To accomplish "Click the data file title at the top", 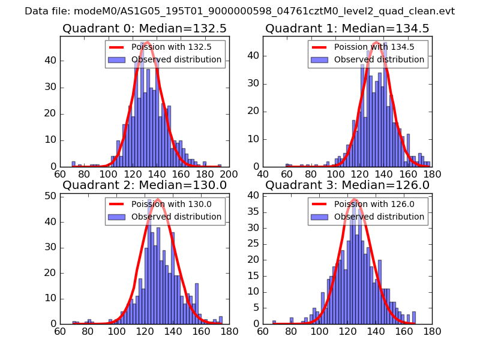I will coord(240,11).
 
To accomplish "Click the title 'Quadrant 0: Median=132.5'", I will coord(144,28).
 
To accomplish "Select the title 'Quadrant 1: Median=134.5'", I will coord(347,28).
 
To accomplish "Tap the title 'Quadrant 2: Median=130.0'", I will coord(144,185).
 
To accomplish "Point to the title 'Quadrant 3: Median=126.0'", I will coord(347,185).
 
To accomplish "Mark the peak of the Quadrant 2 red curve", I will coord(157,199).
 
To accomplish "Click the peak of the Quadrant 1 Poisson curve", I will coord(376,42).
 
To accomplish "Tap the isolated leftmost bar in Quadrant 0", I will coord(73,164).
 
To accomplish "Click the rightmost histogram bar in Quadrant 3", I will coord(414,317).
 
